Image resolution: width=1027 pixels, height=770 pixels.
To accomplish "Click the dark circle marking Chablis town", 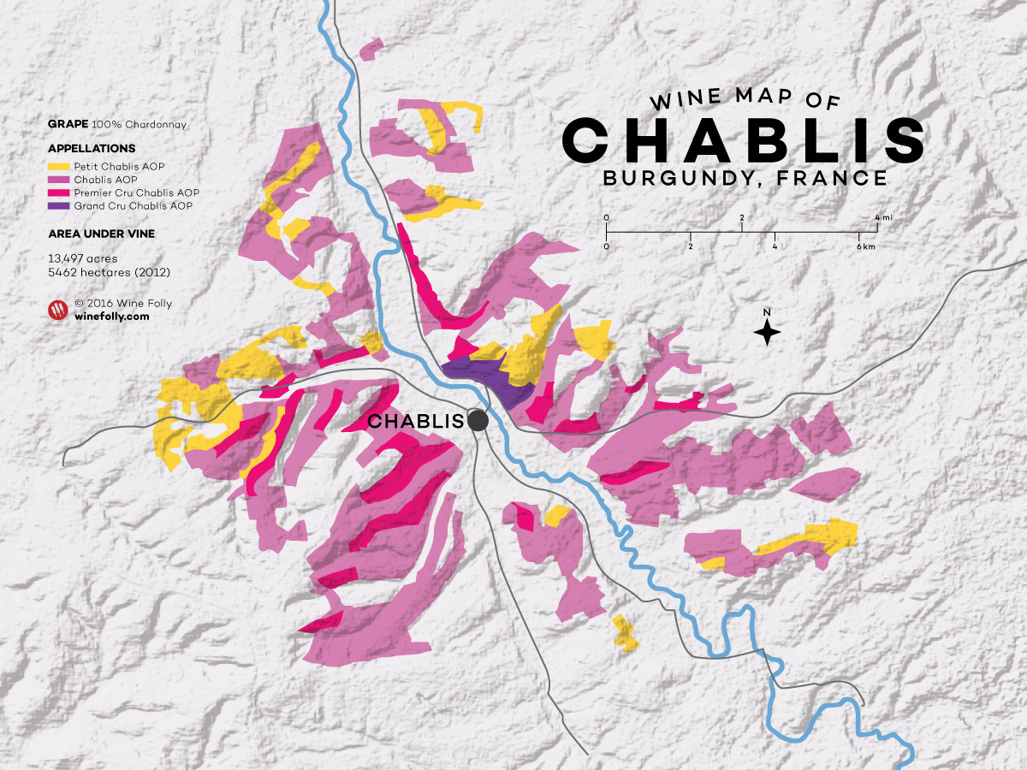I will pyautogui.click(x=478, y=420).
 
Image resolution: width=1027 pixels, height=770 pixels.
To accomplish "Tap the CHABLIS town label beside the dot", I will pyautogui.click(x=415, y=421).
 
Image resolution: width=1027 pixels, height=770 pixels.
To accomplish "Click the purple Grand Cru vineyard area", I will pyautogui.click(x=488, y=377).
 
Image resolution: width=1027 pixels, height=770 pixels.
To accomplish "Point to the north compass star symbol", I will pyautogui.click(x=768, y=331).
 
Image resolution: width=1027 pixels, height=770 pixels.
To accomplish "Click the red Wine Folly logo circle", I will pyautogui.click(x=57, y=310).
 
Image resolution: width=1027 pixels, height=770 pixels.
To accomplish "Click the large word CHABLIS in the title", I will pyautogui.click(x=744, y=139).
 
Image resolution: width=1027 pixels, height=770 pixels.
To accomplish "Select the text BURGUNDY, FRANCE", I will pyautogui.click(x=744, y=178).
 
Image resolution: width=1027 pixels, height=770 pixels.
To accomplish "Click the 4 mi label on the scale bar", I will pyautogui.click(x=882, y=218).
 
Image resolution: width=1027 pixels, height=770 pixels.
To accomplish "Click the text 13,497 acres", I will pyautogui.click(x=83, y=258).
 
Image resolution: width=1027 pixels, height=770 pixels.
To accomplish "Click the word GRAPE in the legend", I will pyautogui.click(x=62, y=125).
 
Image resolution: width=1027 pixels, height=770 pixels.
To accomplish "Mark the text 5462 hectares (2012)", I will pyautogui.click(x=110, y=272).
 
